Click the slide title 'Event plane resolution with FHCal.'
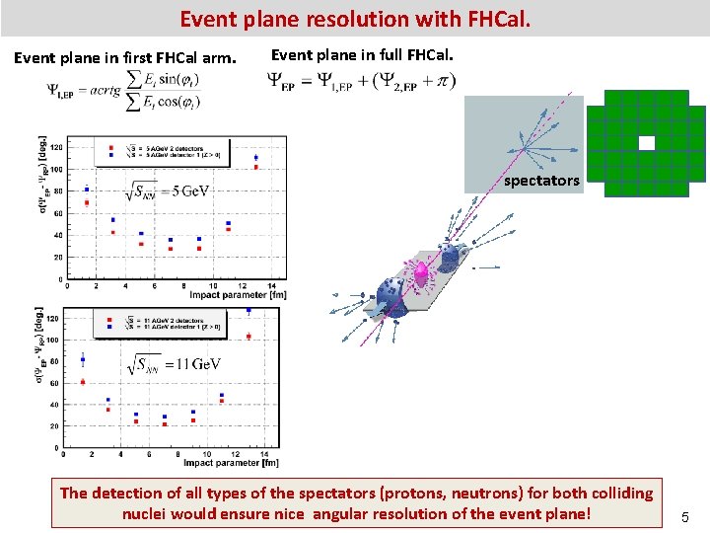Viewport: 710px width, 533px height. (x=355, y=18)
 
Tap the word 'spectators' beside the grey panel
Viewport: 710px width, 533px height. (x=541, y=181)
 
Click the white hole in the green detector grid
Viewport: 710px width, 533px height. (x=646, y=143)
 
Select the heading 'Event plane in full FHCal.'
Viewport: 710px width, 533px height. (x=362, y=55)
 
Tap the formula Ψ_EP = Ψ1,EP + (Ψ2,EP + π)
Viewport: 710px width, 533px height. (x=361, y=83)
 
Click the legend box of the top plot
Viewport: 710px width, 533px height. (x=163, y=152)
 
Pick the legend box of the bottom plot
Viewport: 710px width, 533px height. (x=160, y=323)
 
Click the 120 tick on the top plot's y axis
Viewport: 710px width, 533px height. (x=56, y=147)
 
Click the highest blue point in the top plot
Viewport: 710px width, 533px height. (x=256, y=157)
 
